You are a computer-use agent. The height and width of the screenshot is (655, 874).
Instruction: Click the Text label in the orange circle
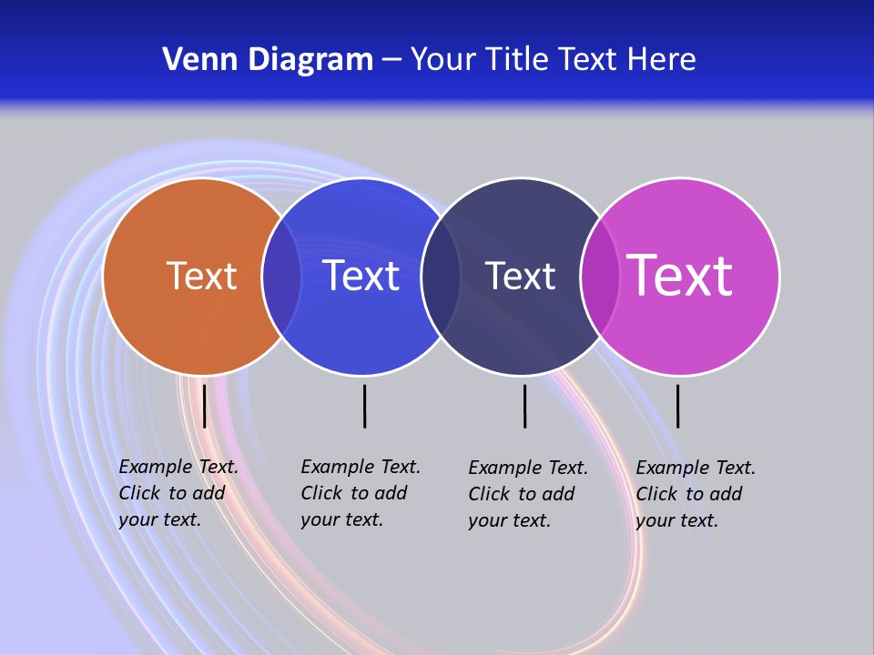201,276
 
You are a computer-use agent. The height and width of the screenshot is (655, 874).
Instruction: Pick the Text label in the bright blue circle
361,276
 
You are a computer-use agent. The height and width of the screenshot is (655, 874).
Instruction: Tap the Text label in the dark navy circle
520,276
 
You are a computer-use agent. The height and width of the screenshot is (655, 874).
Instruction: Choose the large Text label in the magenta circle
679,276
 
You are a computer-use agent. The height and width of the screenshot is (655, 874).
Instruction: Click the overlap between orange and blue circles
281,276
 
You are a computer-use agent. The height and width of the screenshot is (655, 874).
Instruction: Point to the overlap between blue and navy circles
441,276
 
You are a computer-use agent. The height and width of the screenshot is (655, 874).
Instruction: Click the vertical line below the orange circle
204,406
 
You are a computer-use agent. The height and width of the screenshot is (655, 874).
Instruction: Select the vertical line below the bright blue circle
364,406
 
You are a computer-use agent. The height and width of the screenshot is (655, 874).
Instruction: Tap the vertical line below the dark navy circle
524,406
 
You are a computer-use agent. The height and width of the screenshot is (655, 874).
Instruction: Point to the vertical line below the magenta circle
677,406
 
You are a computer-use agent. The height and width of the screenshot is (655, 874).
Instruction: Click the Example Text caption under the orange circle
178,493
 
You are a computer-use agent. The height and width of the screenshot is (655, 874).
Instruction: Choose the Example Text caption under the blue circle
361,493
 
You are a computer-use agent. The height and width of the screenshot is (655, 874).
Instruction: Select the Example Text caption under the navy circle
528,494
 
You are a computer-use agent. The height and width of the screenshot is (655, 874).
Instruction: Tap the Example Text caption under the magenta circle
696,494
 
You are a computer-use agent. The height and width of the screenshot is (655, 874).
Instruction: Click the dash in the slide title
391,61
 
